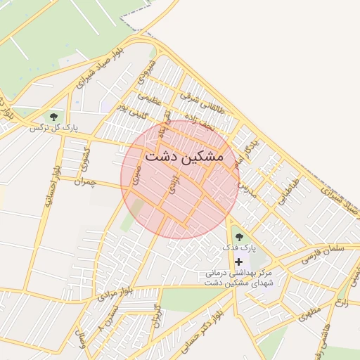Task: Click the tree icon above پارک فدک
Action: coord(238,237)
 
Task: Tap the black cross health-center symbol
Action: coord(238,262)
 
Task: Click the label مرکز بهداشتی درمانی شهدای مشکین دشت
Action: coord(238,276)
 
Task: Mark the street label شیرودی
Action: coord(147,73)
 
